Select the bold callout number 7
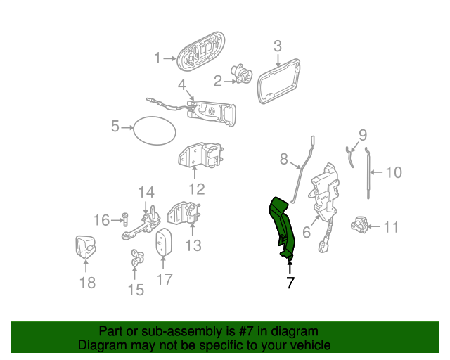(x=290, y=283)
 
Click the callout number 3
(x=277, y=46)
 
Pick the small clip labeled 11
(x=359, y=225)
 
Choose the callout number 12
(x=197, y=189)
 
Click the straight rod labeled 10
(x=368, y=173)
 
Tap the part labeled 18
(x=86, y=247)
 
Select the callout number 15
(x=136, y=290)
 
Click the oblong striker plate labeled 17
(x=164, y=242)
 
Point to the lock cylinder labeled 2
(x=242, y=74)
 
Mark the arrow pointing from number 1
(x=170, y=58)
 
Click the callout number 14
(x=146, y=193)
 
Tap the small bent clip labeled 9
(x=349, y=157)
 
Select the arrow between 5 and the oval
(x=127, y=127)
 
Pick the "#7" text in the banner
(x=245, y=331)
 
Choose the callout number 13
(x=193, y=245)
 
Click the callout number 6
(x=307, y=231)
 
